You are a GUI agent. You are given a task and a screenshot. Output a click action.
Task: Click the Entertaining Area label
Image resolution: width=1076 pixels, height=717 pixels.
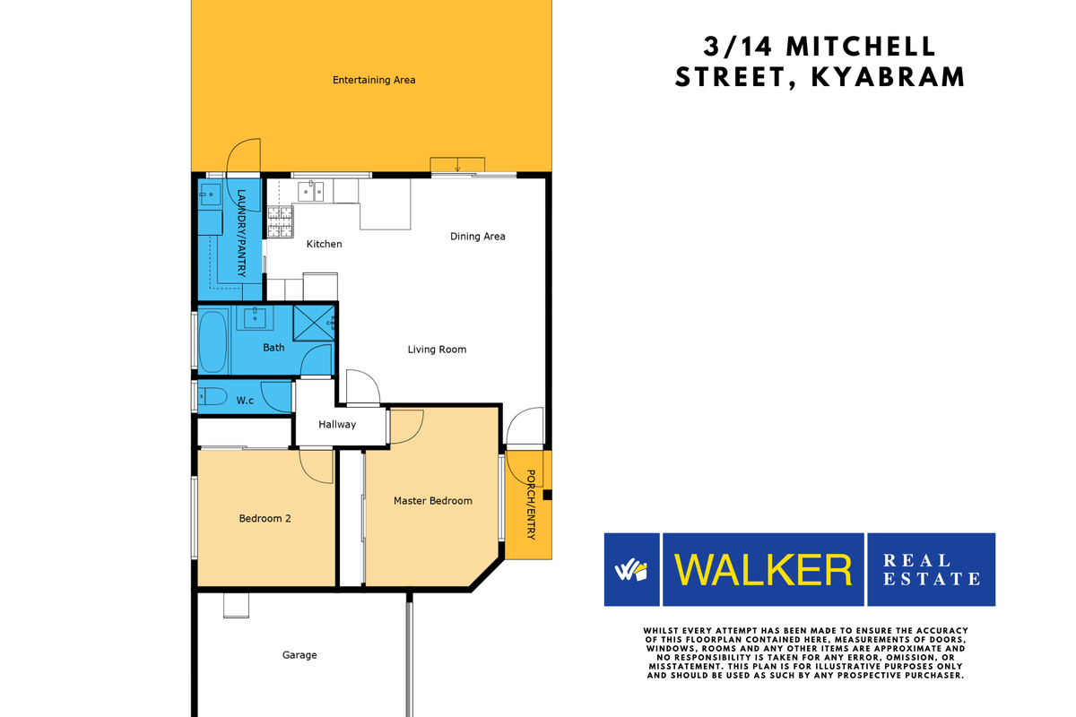pyautogui.click(x=374, y=80)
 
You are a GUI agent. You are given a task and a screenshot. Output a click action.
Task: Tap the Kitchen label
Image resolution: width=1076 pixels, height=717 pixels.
pyautogui.click(x=324, y=244)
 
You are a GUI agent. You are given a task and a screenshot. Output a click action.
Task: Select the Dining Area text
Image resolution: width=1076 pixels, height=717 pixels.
pyautogui.click(x=477, y=237)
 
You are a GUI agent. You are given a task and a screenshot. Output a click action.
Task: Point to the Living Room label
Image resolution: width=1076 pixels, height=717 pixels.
pyautogui.click(x=437, y=350)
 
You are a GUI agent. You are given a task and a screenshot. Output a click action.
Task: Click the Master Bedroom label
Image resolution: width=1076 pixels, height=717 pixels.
pyautogui.click(x=432, y=501)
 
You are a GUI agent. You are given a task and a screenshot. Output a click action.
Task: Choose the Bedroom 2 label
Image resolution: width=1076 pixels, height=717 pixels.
pyautogui.click(x=265, y=518)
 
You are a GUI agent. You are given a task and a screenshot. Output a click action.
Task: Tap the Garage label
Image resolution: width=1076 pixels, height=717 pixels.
pyautogui.click(x=299, y=655)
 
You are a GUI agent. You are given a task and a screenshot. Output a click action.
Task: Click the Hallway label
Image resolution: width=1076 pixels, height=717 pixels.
pyautogui.click(x=337, y=425)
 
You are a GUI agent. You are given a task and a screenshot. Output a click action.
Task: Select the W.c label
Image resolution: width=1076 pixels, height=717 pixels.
pyautogui.click(x=245, y=401)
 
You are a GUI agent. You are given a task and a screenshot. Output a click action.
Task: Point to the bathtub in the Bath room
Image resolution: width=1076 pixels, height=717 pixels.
pyautogui.click(x=213, y=341)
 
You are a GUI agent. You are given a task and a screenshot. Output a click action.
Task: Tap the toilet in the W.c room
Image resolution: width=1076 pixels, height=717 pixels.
pyautogui.click(x=212, y=397)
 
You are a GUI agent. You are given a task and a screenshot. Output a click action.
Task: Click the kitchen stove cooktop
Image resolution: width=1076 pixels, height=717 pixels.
pyautogui.click(x=280, y=223)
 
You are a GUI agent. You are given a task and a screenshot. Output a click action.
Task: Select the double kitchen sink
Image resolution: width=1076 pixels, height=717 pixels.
pyautogui.click(x=312, y=190)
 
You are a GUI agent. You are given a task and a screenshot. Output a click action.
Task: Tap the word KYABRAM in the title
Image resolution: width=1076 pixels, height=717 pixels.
pyautogui.click(x=888, y=77)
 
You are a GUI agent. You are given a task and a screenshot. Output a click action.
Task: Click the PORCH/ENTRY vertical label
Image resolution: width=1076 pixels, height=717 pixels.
pyautogui.click(x=531, y=505)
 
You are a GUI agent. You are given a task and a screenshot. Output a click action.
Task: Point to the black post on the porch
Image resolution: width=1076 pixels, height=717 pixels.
pyautogui.click(x=548, y=494)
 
